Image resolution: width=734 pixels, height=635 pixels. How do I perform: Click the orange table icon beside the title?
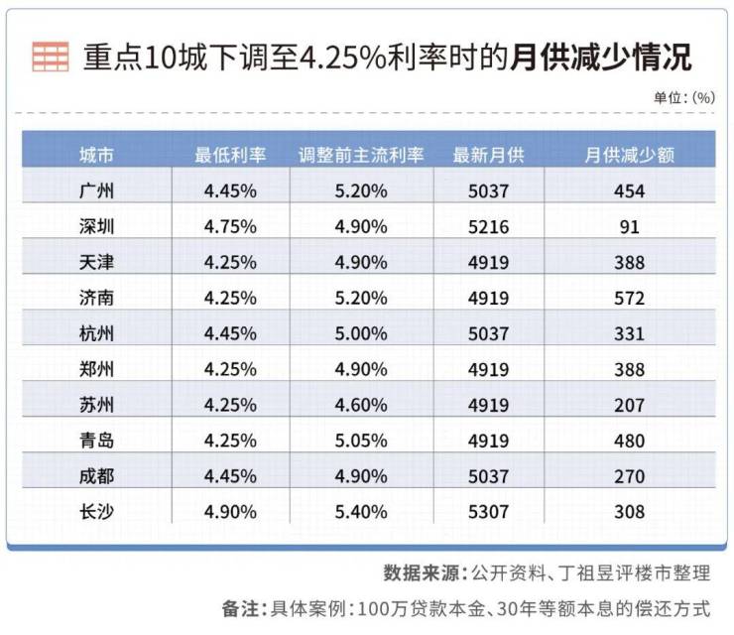(x=50, y=57)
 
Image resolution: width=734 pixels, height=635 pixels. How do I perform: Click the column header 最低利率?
(x=230, y=155)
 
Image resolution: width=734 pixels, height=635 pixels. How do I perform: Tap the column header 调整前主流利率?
(x=361, y=155)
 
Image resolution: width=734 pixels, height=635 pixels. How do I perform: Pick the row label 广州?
(x=96, y=191)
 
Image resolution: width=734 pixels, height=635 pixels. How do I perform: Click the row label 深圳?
(x=96, y=227)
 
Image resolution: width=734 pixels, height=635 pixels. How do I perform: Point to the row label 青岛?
(x=96, y=441)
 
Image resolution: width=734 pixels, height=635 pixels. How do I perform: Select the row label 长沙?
(x=96, y=512)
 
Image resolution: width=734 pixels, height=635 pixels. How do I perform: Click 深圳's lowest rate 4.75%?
(x=230, y=227)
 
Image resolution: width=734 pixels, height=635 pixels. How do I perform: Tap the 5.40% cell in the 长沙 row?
(x=361, y=512)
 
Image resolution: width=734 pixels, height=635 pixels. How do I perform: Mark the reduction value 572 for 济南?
(x=629, y=299)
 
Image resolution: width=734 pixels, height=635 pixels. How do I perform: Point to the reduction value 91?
(x=629, y=227)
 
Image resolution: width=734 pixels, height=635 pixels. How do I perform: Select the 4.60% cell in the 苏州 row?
(x=361, y=405)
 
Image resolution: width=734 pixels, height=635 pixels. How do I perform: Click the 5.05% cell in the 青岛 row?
(x=361, y=441)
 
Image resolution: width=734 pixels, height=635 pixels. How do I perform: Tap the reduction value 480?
(x=629, y=441)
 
